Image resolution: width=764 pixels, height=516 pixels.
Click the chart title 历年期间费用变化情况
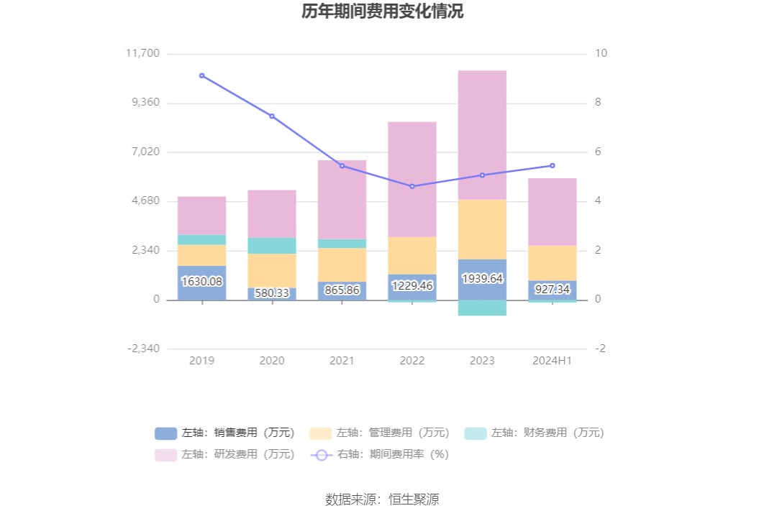[x=382, y=12]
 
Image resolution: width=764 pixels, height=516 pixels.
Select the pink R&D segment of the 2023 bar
[x=482, y=134]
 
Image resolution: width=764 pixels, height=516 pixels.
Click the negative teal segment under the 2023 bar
[x=482, y=308]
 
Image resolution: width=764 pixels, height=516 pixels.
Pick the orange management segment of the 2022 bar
[x=412, y=255]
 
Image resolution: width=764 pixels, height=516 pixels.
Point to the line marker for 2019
[x=202, y=75]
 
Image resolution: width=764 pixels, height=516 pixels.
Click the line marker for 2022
[x=412, y=187]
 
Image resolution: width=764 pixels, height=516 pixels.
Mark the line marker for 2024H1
[x=552, y=165]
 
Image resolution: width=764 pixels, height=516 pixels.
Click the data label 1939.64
[x=482, y=278]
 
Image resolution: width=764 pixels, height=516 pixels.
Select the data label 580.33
[x=272, y=293]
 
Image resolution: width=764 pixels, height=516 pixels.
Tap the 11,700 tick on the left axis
[x=142, y=54]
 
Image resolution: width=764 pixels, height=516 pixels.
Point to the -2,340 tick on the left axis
[x=144, y=349]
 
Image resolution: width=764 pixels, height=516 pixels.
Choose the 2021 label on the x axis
[x=342, y=361]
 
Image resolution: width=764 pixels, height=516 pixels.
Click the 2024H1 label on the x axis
[x=552, y=361]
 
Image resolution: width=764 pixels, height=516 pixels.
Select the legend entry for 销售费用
[x=224, y=433]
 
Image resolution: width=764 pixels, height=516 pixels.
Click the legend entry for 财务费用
[x=535, y=433]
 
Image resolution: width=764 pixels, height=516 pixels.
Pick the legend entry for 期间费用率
[x=379, y=454]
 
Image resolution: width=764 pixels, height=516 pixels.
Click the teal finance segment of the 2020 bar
[x=272, y=246]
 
